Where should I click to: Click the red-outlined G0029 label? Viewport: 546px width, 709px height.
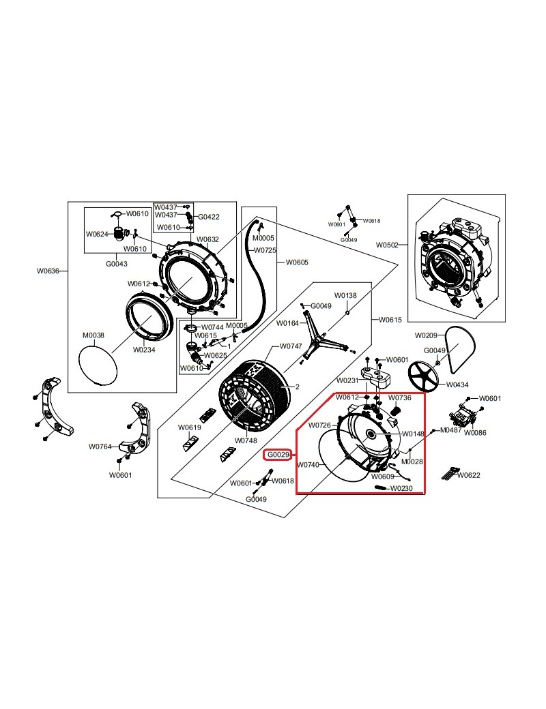(x=278, y=455)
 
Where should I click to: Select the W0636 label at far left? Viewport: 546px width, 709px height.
(x=48, y=271)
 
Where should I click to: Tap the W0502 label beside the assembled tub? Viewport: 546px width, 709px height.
(x=387, y=245)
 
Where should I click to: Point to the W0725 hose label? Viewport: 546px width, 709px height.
(x=265, y=250)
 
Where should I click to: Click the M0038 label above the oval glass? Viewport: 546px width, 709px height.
(x=94, y=335)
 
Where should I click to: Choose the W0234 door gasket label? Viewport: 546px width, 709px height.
(x=144, y=350)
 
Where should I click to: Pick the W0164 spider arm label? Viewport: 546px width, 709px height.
(x=287, y=323)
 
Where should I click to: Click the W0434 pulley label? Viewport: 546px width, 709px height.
(x=457, y=384)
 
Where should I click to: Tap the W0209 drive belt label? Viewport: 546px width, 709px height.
(x=426, y=335)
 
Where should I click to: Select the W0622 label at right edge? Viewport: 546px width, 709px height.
(x=469, y=475)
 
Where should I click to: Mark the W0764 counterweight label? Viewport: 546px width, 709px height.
(x=100, y=447)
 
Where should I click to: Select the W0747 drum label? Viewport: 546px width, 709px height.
(x=291, y=346)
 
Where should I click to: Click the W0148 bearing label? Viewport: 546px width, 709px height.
(x=413, y=434)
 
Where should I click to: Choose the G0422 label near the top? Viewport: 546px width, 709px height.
(x=209, y=217)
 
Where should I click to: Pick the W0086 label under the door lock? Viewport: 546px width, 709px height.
(x=475, y=433)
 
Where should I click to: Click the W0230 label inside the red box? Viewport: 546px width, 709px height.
(x=401, y=488)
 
